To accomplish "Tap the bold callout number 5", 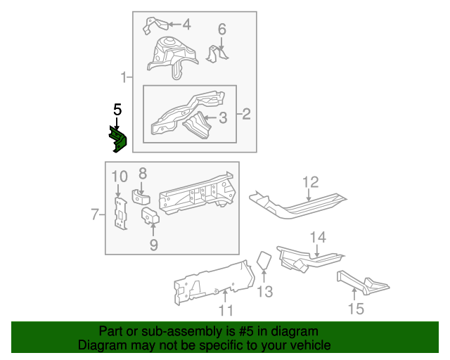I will (x=117, y=109).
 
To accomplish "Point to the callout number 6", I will (x=221, y=30).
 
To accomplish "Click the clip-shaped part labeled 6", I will (x=220, y=54).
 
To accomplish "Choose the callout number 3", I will (x=222, y=117).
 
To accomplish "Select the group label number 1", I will (x=124, y=77).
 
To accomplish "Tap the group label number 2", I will (x=246, y=113).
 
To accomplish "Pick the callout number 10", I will (x=119, y=176).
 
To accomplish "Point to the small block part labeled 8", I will (x=142, y=195).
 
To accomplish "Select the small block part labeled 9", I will (x=150, y=217).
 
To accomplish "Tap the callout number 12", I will (x=311, y=184).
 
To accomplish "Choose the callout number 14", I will (x=318, y=237).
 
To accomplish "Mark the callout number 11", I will (x=225, y=310).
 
